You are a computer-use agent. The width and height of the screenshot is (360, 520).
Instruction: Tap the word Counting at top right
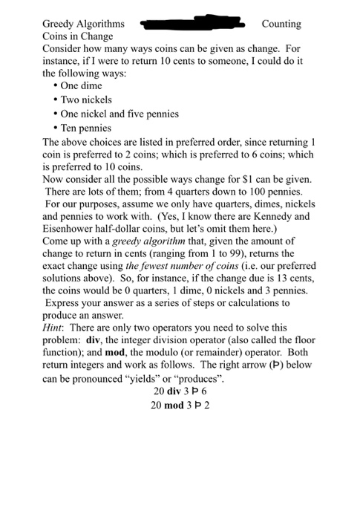[x=281, y=25]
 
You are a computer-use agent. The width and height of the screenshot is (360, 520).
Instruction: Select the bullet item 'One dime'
[x=82, y=86]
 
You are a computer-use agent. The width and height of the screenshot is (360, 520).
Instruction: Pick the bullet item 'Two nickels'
[x=86, y=100]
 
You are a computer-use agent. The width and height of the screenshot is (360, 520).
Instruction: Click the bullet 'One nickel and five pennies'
[x=120, y=114]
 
